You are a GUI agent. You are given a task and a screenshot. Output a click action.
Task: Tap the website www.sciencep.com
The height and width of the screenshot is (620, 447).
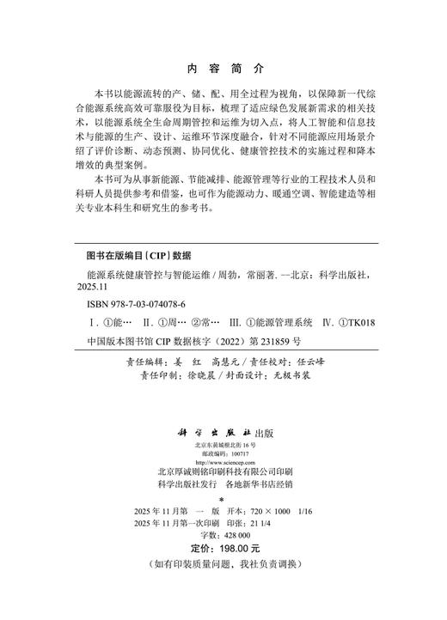[x=224, y=461]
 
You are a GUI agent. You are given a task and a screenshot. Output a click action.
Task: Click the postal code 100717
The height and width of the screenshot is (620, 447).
[x=235, y=453]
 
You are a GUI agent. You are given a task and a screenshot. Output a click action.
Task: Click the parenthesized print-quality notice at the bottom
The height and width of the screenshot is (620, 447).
[x=224, y=562]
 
